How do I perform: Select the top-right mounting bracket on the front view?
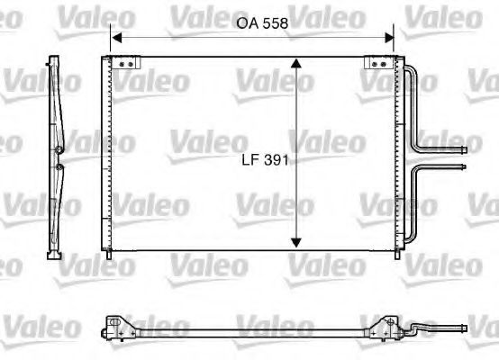(375, 63)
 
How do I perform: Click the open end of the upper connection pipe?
(464, 149)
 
